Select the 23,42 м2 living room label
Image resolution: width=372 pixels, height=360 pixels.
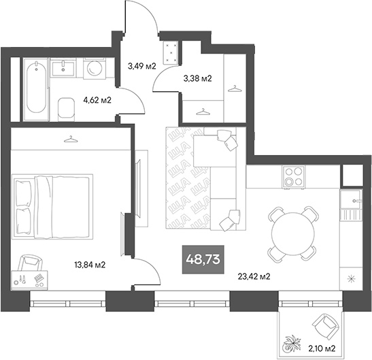[254, 276]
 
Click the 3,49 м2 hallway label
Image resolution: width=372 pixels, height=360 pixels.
[142, 66]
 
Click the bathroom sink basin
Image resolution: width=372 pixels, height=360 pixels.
[65, 67]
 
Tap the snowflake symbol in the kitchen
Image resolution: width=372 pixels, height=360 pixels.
[351, 278]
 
